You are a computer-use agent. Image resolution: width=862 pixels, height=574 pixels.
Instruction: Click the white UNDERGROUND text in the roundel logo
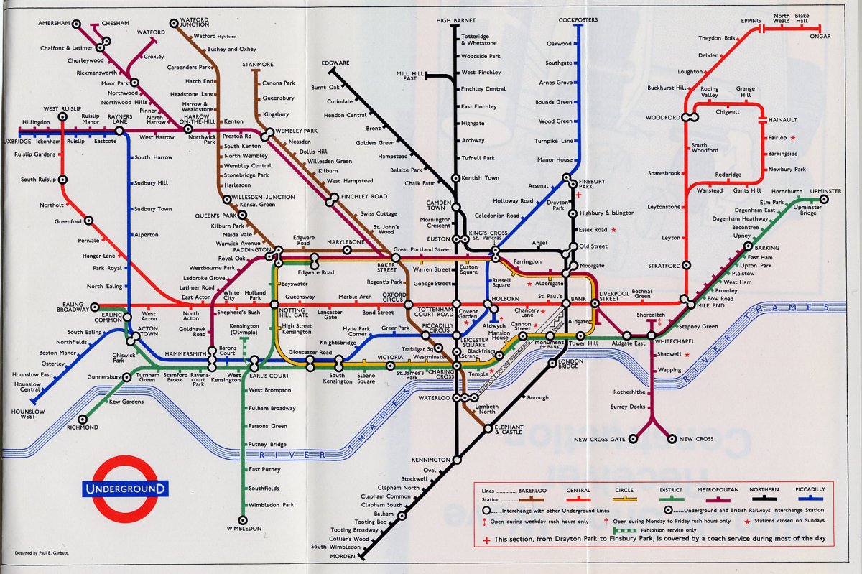pos(126,489)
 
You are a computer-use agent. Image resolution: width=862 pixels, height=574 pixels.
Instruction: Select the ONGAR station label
pos(819,37)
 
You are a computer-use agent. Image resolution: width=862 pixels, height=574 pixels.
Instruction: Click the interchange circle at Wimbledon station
pos(243,519)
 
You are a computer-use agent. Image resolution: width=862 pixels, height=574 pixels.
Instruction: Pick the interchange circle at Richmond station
pos(83,418)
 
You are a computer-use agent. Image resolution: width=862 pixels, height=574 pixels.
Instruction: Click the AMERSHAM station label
pos(55,23)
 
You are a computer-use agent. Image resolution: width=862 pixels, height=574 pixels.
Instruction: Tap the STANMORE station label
pos(257,65)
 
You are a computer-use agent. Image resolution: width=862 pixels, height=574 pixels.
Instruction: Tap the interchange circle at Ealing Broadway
pos(95,307)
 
